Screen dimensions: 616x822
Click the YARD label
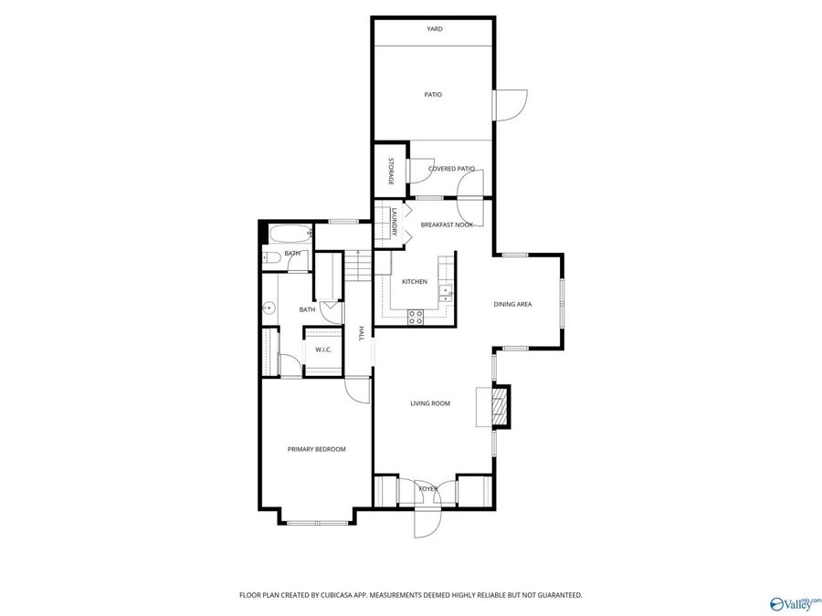pos(435,29)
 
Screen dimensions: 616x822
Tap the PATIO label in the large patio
pos(433,94)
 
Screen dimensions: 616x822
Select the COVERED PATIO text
pos(451,169)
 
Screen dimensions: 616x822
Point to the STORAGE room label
pos(391,172)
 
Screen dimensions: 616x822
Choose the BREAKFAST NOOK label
pos(447,224)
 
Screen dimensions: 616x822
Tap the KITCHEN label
pos(415,282)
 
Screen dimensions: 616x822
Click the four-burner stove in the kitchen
pos(416,317)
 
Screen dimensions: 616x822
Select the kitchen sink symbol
pos(445,292)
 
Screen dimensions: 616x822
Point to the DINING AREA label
pos(512,304)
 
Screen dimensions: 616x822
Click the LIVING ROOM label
pos(429,403)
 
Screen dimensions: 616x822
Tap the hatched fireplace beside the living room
pos(499,406)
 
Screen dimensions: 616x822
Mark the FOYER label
pos(428,489)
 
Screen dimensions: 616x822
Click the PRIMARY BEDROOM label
pos(317,449)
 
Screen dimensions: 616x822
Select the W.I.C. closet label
pos(323,350)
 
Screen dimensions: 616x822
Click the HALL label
pos(362,333)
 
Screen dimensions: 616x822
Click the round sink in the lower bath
pos(269,308)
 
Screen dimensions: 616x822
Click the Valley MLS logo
pos(795,602)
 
